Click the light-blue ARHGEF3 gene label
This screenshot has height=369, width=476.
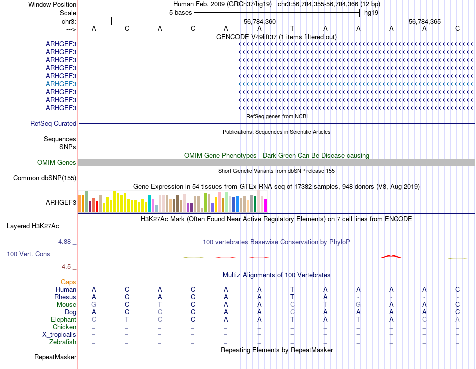pyautogui.click(x=61, y=84)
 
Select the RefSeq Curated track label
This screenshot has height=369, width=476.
pyautogui.click(x=53, y=123)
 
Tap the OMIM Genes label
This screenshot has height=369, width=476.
pyautogui.click(x=57, y=162)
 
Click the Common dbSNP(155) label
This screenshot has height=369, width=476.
pyautogui.click(x=45, y=178)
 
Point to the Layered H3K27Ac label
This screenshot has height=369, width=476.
pyautogui.click(x=41, y=226)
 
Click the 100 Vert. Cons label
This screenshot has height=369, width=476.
pyautogui.click(x=28, y=254)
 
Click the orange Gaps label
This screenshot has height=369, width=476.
pyautogui.click(x=68, y=282)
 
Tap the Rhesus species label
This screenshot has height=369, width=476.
pyautogui.click(x=65, y=297)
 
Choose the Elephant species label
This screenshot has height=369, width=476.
pyautogui.click(x=63, y=319)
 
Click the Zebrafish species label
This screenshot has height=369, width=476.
pyautogui.click(x=63, y=342)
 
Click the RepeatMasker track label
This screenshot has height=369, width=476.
pyautogui.click(x=55, y=357)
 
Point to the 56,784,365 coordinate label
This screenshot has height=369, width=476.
pyautogui.click(x=425, y=21)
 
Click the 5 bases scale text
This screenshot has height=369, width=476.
pyautogui.click(x=180, y=12)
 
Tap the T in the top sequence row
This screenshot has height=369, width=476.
pyautogui.click(x=292, y=28)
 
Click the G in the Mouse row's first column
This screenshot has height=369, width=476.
pyautogui.click(x=94, y=304)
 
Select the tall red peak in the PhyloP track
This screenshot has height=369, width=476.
pyautogui.click(x=391, y=256)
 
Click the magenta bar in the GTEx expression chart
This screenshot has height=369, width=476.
pyautogui.click(x=266, y=205)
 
